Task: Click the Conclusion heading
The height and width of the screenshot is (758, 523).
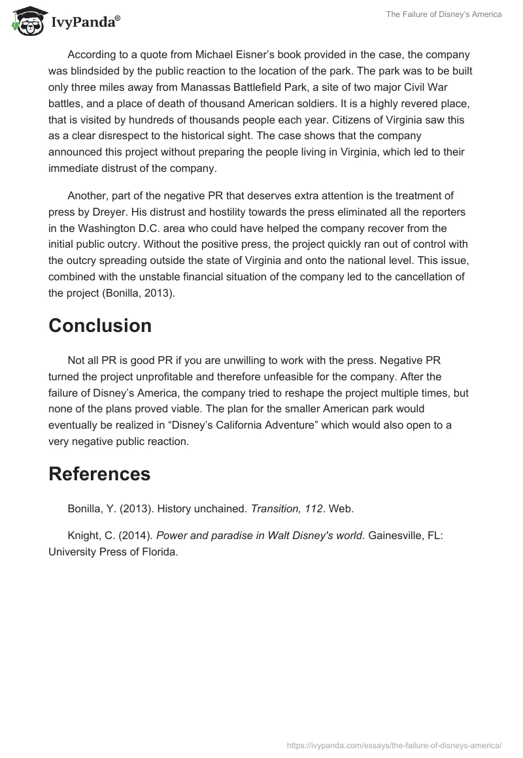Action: [100, 325]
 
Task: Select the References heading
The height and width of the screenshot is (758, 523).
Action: [99, 474]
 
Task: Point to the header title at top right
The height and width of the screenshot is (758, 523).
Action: [444, 14]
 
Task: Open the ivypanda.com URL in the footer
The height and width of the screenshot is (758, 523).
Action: [395, 745]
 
